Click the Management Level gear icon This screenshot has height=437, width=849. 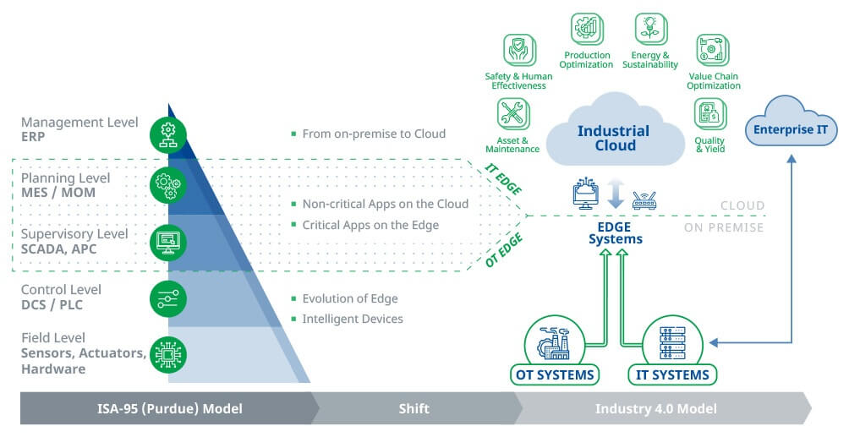coord(167,134)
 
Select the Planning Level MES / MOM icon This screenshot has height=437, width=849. coord(167,185)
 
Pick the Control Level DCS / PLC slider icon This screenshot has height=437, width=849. coord(167,298)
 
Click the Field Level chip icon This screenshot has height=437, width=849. coord(167,355)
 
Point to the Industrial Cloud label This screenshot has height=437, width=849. coord(613,138)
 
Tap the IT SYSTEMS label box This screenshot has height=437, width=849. coord(672,374)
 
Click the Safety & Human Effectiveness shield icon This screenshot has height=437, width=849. coord(518,50)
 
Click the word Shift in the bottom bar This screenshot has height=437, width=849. coord(414,408)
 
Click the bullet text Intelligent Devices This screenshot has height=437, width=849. coord(353,319)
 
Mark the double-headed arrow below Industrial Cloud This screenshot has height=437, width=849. coord(616,194)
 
